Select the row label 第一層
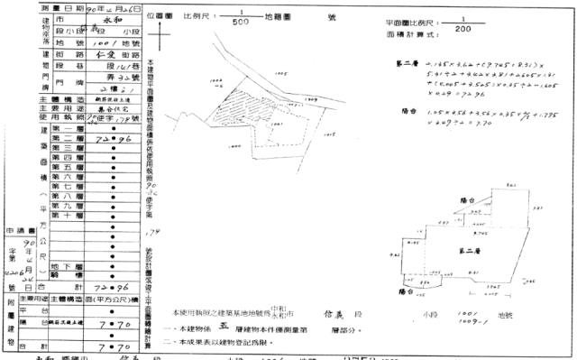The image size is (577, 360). (67, 130)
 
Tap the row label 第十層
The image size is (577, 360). (67, 217)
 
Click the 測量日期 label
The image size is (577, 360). (36, 6)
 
